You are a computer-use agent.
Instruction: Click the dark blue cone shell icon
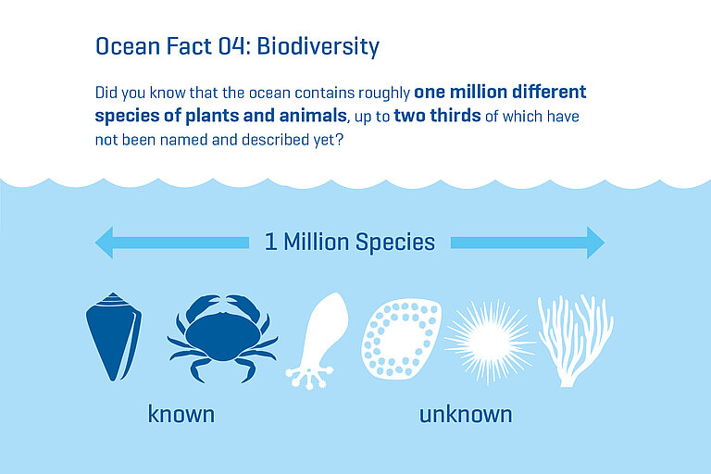click(114, 336)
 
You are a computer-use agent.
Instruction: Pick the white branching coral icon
click(575, 339)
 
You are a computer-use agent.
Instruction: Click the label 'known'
click(181, 414)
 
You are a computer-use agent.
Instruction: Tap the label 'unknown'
click(465, 414)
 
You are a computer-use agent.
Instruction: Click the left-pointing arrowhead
click(106, 243)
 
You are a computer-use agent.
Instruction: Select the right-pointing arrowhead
click(592, 243)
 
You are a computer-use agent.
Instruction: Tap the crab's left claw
click(190, 308)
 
